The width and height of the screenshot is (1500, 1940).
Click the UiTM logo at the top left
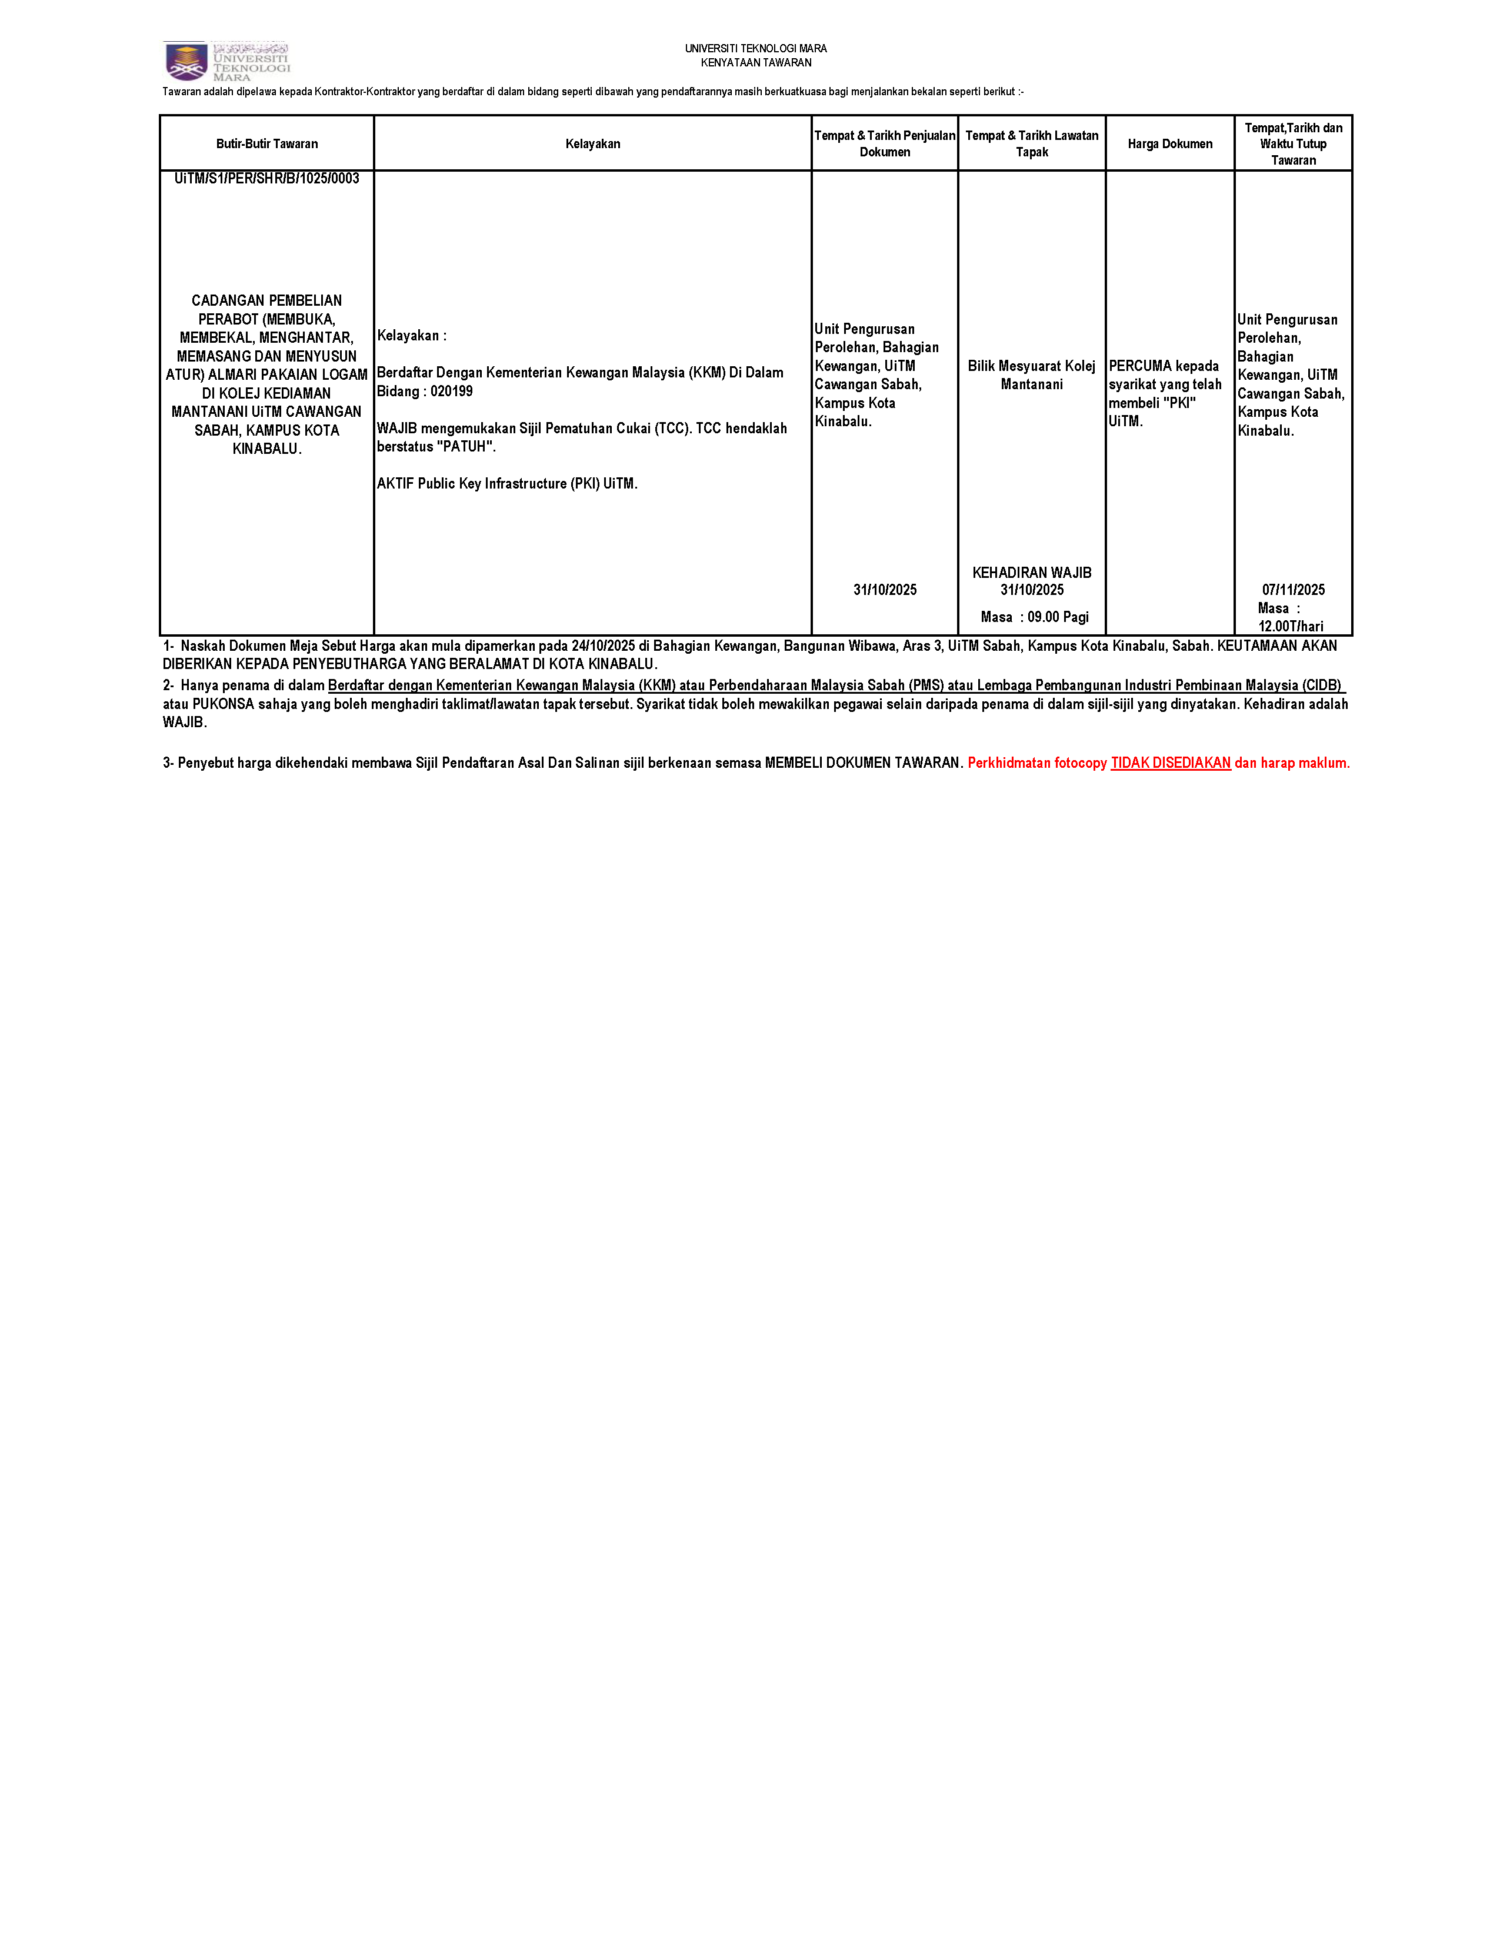[x=226, y=61]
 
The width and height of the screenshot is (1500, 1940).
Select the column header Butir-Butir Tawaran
[x=266, y=144]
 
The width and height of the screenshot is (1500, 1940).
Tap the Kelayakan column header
[x=593, y=144]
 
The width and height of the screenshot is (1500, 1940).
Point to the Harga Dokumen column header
[x=1169, y=144]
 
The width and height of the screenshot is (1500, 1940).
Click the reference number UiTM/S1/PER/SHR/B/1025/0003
[x=266, y=179]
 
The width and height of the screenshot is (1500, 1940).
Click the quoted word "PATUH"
[x=466, y=447]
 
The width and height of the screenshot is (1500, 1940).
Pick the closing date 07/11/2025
[x=1293, y=590]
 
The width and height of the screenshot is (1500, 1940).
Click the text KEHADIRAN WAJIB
[x=1032, y=573]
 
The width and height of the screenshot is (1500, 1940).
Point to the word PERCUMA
[x=1140, y=366]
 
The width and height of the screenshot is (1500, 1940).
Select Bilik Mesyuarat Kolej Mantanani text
[x=1032, y=375]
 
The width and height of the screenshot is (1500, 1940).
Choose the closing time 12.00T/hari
[x=1290, y=626]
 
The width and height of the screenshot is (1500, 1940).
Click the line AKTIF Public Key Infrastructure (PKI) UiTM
[x=506, y=484]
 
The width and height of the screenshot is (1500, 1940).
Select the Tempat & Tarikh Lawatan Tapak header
[x=1032, y=144]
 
